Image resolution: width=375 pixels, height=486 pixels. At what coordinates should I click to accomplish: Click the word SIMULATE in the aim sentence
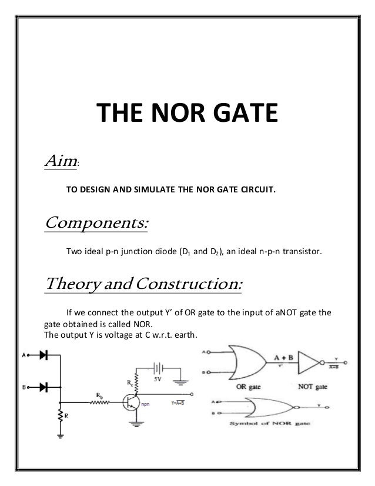[x=156, y=190]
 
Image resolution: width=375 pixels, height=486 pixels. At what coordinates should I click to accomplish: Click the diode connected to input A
[x=43, y=356]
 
